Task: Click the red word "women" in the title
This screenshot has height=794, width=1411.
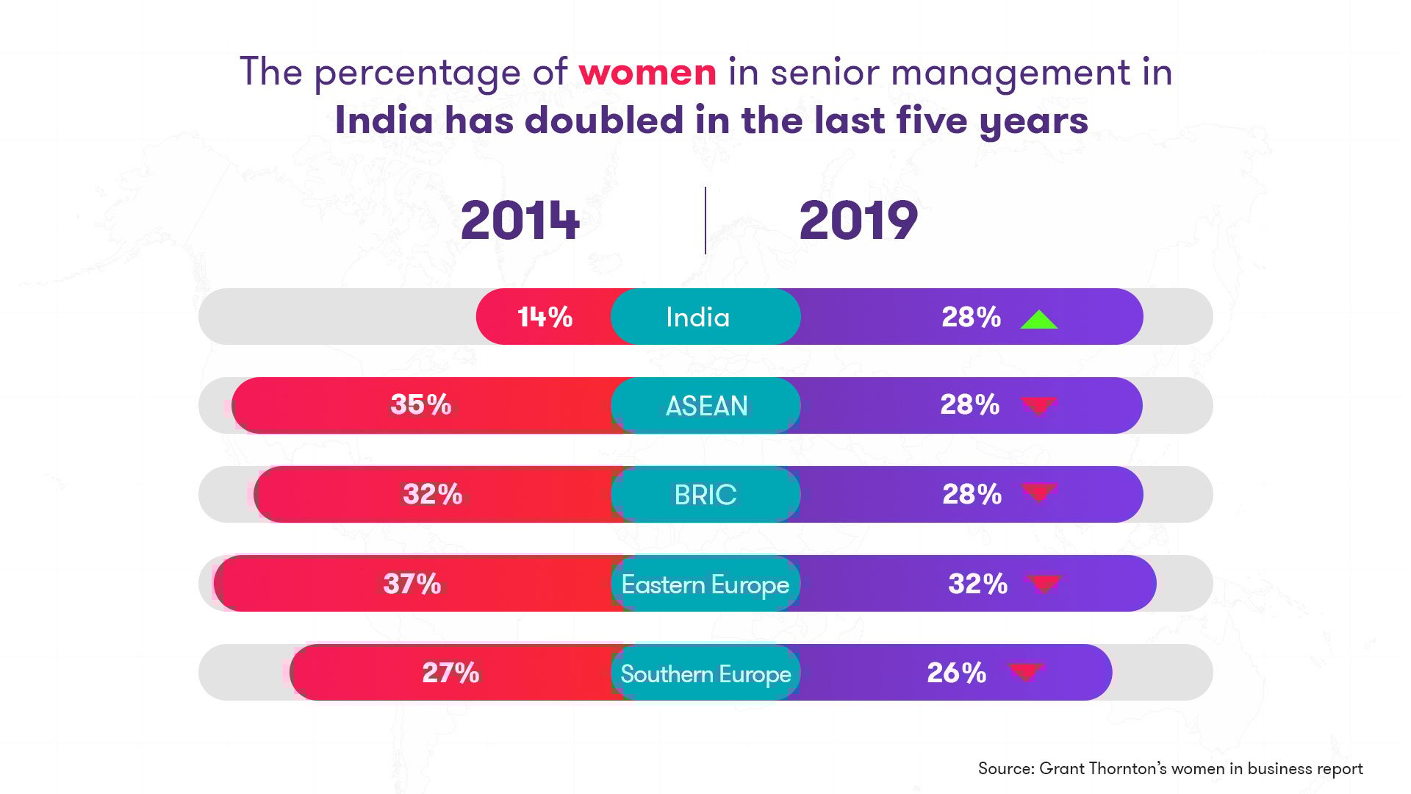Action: (x=647, y=73)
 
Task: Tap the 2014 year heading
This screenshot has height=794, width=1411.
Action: (x=520, y=221)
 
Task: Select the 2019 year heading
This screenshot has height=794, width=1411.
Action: (x=858, y=221)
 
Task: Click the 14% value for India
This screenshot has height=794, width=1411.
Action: (x=545, y=317)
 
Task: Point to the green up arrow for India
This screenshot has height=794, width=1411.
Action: (x=1038, y=319)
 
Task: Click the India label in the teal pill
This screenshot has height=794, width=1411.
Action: (x=697, y=317)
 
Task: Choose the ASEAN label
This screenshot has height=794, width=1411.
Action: (x=706, y=406)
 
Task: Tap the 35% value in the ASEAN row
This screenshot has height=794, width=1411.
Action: (x=420, y=404)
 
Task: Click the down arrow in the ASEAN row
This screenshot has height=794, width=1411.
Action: (x=1038, y=405)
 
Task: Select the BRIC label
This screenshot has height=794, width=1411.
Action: (x=705, y=495)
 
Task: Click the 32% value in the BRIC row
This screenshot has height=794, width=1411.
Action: (x=432, y=494)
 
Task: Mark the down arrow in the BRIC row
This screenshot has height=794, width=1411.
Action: (x=1039, y=493)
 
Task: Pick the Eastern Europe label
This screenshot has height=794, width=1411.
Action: (x=705, y=584)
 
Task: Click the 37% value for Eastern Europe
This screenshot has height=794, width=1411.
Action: (x=412, y=584)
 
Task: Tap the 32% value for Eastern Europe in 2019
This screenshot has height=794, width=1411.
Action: (x=977, y=584)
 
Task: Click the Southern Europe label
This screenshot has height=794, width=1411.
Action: (x=705, y=673)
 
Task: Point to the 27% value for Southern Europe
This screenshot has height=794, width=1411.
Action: (x=450, y=673)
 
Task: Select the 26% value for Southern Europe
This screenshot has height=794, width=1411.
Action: (x=956, y=673)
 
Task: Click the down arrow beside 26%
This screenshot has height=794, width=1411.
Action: (x=1026, y=671)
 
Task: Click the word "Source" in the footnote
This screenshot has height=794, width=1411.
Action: (x=1005, y=768)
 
